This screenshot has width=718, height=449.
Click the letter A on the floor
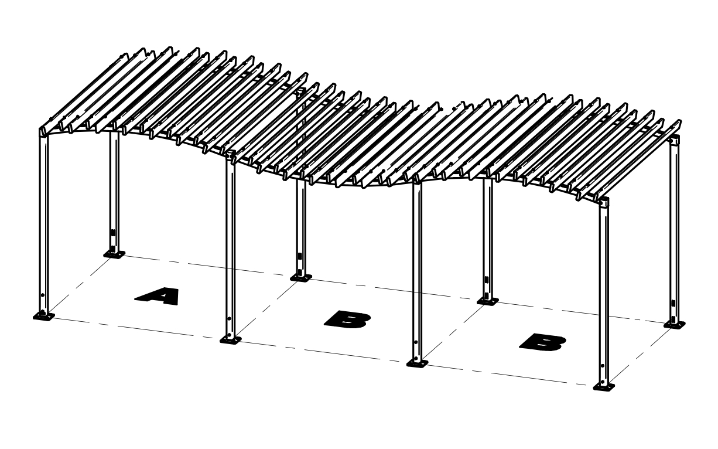click(x=157, y=296)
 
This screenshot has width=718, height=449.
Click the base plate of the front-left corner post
click(x=44, y=317)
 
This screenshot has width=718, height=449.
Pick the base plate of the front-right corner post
click(x=604, y=387)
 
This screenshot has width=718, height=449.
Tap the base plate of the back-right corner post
click(x=675, y=324)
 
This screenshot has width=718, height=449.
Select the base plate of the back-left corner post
click(x=114, y=254)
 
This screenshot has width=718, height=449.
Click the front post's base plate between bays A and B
click(x=230, y=339)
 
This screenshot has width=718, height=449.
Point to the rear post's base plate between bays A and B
click(x=301, y=277)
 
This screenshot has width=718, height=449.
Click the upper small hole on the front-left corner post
click(x=42, y=295)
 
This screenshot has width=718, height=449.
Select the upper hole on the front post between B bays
click(x=416, y=342)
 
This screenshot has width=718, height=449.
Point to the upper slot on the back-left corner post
click(x=113, y=232)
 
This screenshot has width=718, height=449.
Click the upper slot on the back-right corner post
click(x=673, y=303)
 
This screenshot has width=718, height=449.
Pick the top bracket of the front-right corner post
click(x=604, y=203)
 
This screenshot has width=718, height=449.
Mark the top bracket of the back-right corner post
click(x=675, y=141)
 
